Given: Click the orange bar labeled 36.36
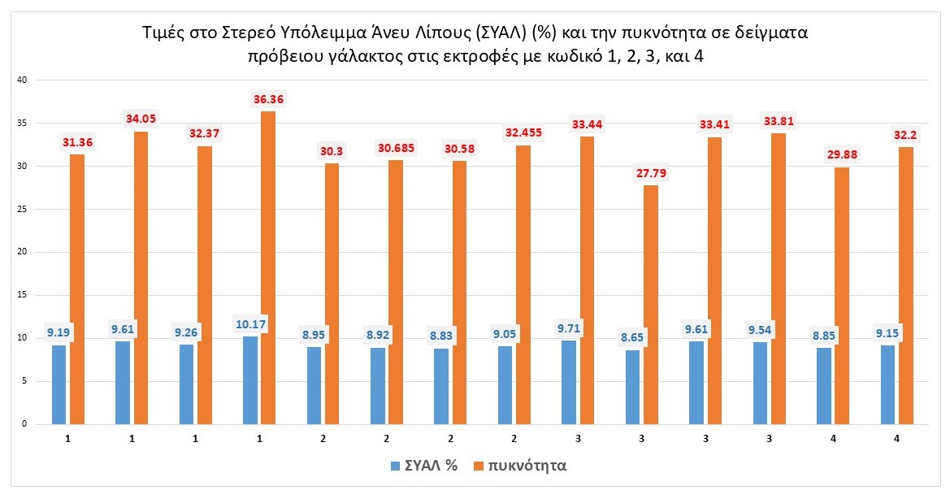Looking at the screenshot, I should [x=269, y=267].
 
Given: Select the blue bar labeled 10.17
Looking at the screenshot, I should [x=250, y=380].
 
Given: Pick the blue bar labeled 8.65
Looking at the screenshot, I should [x=632, y=386].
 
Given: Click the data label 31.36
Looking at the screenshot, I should [x=77, y=142].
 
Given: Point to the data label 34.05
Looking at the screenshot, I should [x=141, y=119].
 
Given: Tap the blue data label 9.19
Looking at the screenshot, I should [x=59, y=332].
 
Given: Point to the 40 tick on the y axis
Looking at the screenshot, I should [x=23, y=80].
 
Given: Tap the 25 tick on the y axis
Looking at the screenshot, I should [x=23, y=209].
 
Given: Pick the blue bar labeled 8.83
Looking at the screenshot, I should [x=441, y=386].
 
